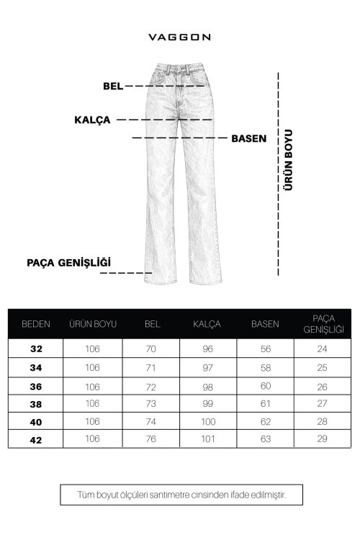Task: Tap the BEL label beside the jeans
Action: click(x=113, y=86)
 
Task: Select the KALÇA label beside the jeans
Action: click(x=92, y=120)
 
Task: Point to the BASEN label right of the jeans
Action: click(x=248, y=138)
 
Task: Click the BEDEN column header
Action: click(x=36, y=324)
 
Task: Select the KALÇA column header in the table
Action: click(x=207, y=324)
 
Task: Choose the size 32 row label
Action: click(x=36, y=349)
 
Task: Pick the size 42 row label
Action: click(x=36, y=438)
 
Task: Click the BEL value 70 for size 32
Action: click(x=152, y=349)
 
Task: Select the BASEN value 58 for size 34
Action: click(x=264, y=367)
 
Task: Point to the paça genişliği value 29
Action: click(x=322, y=438)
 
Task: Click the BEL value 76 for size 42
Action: click(x=152, y=438)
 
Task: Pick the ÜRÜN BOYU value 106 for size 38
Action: click(x=93, y=402)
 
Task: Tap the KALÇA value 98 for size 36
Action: click(x=207, y=385)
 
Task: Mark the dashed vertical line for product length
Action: click(x=278, y=173)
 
